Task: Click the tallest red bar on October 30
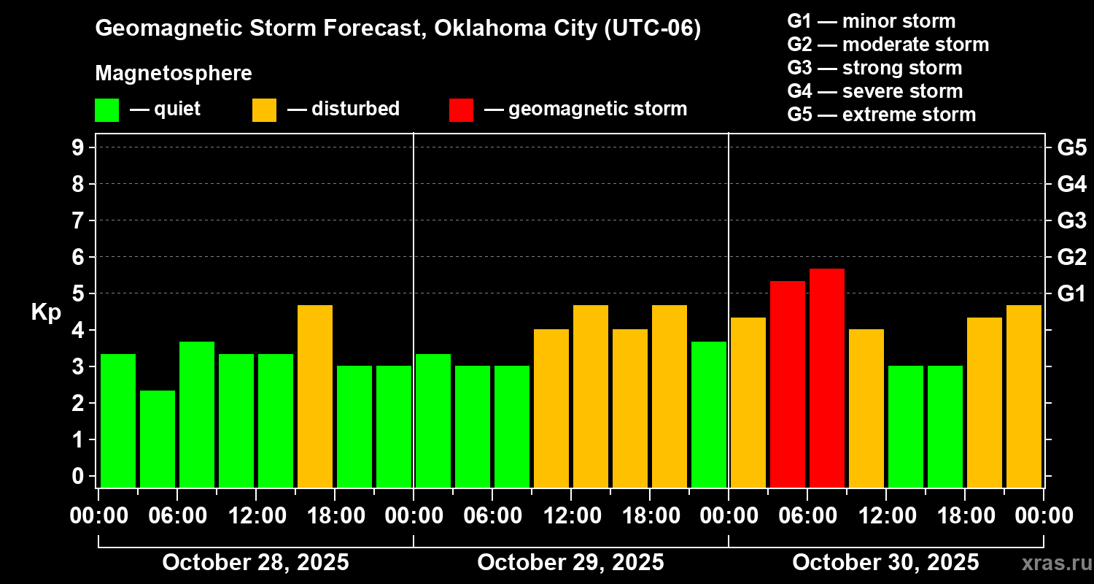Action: coord(827,377)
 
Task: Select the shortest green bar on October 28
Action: coord(158,438)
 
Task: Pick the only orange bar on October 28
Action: coord(315,396)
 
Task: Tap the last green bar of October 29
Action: coord(709,414)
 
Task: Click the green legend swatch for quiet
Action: coord(106,110)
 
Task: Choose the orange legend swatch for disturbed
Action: coord(264,110)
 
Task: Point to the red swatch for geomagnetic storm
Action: coord(461,110)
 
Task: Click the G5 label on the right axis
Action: coord(1071,148)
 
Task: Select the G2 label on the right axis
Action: coord(1071,257)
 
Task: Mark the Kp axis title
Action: coord(46,312)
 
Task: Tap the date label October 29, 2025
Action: coord(570,563)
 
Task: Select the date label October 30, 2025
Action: coord(885,563)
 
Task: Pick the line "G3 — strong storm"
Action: coord(874,68)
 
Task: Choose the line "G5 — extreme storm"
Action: coord(881,115)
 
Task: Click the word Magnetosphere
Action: coord(174,74)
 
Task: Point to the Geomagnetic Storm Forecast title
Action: coord(398,28)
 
